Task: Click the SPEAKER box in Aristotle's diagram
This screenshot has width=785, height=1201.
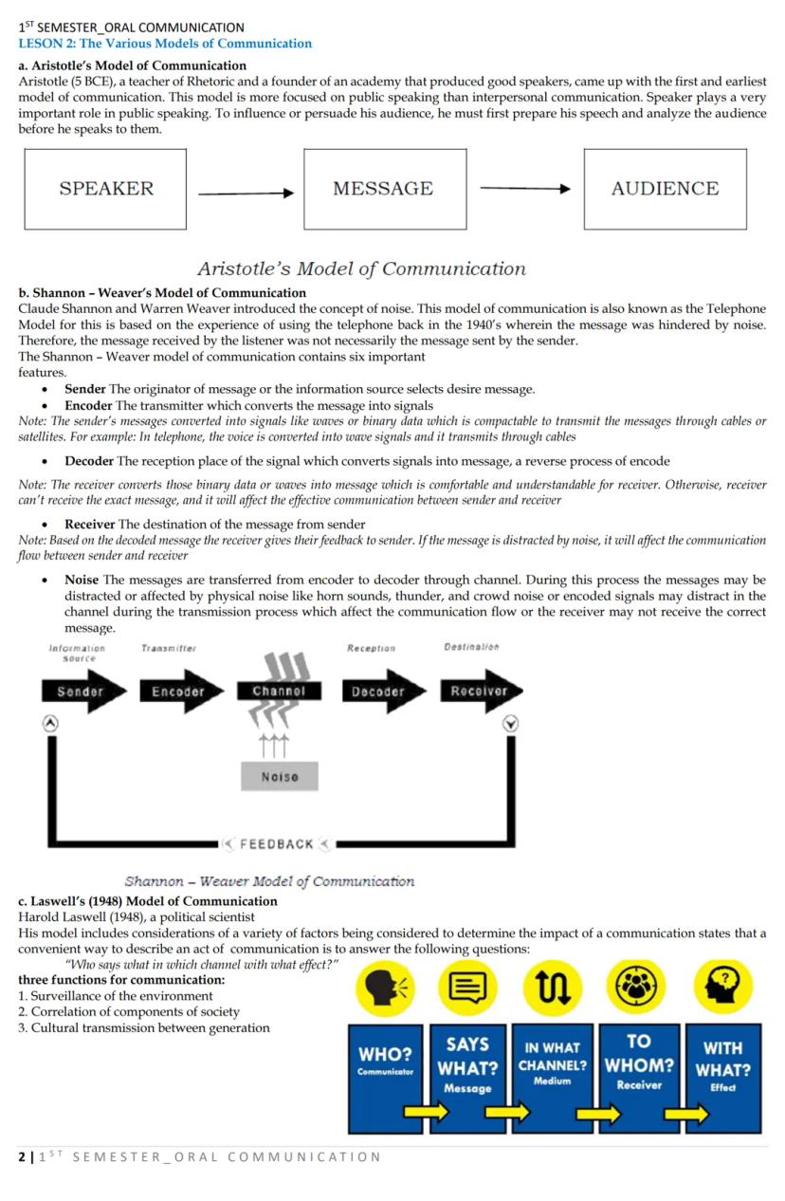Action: point(105,189)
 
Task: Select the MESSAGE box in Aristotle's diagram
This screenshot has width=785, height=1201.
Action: point(384,189)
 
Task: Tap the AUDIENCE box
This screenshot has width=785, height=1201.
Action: point(665,189)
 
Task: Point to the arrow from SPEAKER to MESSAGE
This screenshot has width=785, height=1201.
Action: point(246,194)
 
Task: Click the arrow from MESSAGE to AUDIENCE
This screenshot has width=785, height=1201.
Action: point(525,189)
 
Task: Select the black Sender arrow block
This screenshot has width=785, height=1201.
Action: point(82,692)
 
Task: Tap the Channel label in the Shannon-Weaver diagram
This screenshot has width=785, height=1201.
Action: point(279,692)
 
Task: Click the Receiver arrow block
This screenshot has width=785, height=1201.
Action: point(480,692)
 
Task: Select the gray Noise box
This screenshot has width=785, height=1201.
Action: point(279,776)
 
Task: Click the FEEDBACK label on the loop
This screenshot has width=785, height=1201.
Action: point(277,843)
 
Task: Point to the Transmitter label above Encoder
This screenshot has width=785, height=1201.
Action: point(168,648)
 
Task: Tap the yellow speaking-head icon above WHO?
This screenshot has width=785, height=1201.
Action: point(385,988)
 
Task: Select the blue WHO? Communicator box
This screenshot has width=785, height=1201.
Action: point(385,1078)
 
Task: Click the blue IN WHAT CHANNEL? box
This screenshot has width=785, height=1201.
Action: point(552,1078)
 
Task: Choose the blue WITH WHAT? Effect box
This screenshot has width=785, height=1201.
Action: point(722,1078)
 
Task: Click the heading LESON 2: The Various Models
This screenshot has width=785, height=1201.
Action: point(165,44)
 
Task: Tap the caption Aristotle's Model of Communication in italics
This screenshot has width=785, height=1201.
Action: point(361,268)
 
